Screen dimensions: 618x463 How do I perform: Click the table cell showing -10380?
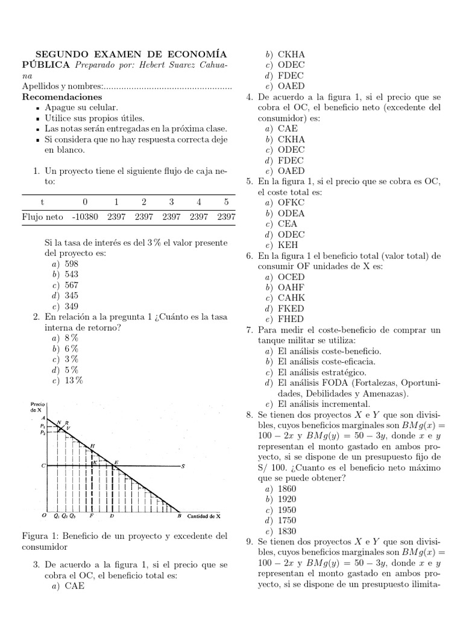point(85,216)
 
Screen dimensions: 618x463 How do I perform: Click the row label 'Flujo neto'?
point(42,216)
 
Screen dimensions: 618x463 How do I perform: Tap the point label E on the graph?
point(116,462)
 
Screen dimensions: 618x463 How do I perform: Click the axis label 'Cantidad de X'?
point(204,517)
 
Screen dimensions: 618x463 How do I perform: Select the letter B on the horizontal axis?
point(179,517)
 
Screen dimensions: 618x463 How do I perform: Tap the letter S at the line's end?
point(182,466)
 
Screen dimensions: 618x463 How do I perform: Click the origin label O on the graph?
point(44,517)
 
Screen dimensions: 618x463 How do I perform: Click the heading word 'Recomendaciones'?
point(62,97)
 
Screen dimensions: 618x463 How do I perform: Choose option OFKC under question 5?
point(291,203)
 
